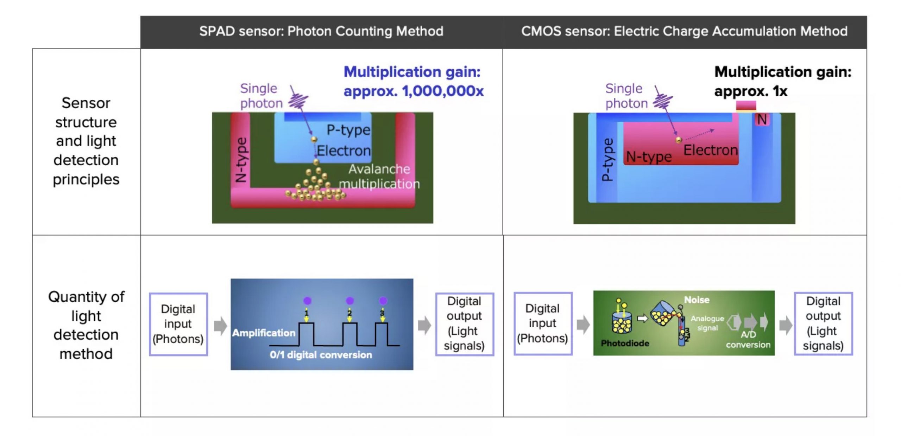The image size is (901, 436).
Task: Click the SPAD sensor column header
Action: tap(321, 31)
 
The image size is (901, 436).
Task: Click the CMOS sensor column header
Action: tap(684, 31)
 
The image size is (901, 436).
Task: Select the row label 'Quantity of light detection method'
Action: tap(86, 325)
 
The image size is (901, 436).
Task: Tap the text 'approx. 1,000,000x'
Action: tap(414, 91)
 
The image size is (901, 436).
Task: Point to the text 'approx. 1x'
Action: tap(750, 91)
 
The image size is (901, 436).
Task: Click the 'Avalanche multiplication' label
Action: tap(379, 177)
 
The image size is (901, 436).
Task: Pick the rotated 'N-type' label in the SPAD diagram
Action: tap(241, 160)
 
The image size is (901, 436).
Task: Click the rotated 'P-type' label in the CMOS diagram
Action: tap(607, 160)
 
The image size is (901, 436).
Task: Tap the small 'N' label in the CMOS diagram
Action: tap(762, 120)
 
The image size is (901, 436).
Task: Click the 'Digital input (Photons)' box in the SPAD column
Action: tap(178, 324)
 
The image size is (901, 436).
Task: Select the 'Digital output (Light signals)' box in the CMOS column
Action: tap(823, 323)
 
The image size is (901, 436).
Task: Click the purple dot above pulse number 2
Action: tap(349, 301)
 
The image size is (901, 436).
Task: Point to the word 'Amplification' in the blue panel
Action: tap(264, 333)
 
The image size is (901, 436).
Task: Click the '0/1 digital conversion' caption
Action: tap(321, 354)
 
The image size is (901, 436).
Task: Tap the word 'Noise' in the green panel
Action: tap(697, 300)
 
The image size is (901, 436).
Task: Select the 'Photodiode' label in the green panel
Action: tap(625, 343)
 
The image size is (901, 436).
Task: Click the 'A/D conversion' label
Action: tap(748, 339)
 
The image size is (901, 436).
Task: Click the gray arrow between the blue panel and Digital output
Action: tap(424, 325)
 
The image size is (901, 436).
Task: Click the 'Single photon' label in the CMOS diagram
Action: tap(626, 96)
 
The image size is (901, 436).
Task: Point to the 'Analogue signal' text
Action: tap(707, 323)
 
